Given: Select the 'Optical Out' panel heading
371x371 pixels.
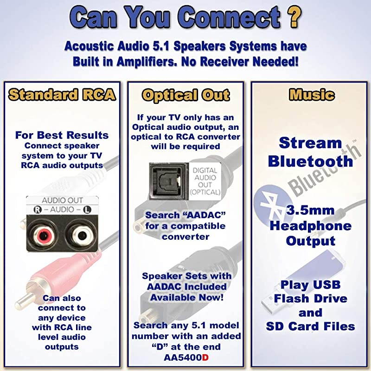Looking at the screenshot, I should (185, 95).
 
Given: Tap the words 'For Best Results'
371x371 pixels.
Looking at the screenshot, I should (62, 135).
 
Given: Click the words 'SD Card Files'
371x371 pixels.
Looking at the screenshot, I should (311, 326).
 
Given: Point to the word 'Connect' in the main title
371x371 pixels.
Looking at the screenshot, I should (225, 19).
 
